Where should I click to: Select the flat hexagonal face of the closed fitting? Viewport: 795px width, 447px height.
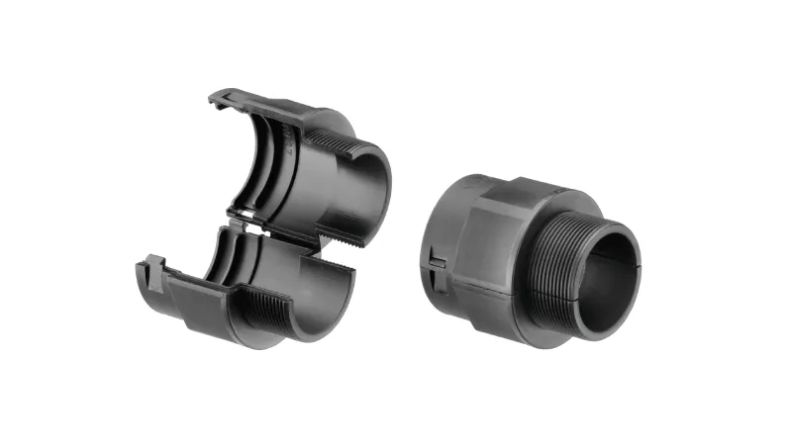(495, 236)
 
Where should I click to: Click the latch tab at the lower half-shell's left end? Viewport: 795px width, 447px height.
(151, 268)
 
